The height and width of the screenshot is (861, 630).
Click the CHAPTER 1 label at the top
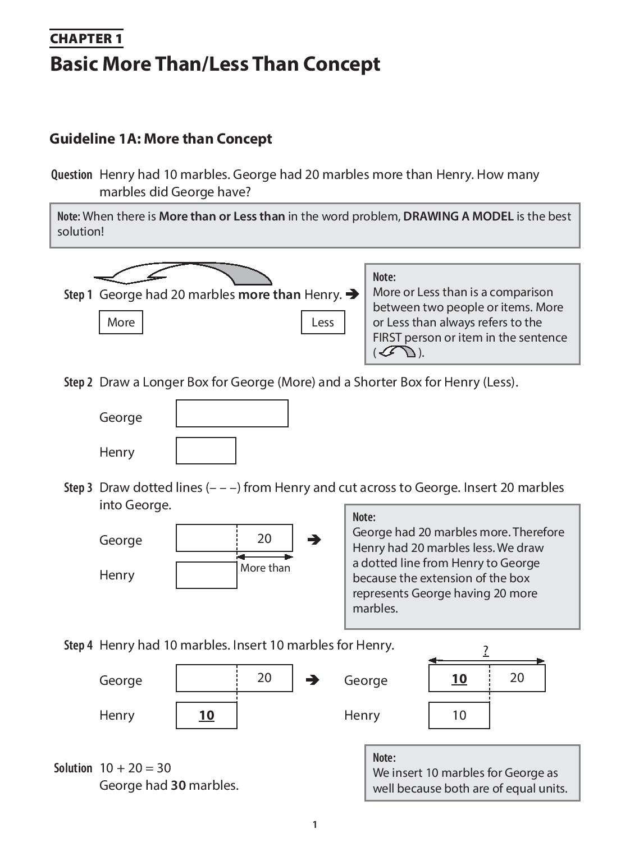click(86, 39)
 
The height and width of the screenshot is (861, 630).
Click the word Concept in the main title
click(341, 64)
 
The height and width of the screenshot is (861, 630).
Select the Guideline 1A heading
click(161, 139)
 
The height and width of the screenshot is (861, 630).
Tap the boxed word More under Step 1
click(121, 323)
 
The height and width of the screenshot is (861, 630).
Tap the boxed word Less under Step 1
click(322, 323)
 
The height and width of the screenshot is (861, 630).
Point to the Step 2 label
click(78, 383)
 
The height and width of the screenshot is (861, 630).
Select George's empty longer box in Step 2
click(232, 413)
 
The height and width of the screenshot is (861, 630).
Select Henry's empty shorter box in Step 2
click(206, 451)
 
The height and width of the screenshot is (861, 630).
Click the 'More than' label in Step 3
click(265, 568)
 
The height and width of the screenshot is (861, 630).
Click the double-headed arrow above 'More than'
click(265, 557)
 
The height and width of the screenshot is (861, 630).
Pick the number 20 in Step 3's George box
click(264, 538)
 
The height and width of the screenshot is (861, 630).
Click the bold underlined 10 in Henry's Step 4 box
click(207, 715)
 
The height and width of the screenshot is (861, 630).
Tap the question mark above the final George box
click(486, 651)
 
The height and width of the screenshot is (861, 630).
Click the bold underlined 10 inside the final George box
click(459, 679)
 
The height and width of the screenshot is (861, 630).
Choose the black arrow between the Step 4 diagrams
click(313, 680)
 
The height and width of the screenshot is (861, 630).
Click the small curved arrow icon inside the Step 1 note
click(398, 352)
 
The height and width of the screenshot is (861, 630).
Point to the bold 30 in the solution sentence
click(178, 785)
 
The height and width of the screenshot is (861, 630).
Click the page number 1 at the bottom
click(314, 825)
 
